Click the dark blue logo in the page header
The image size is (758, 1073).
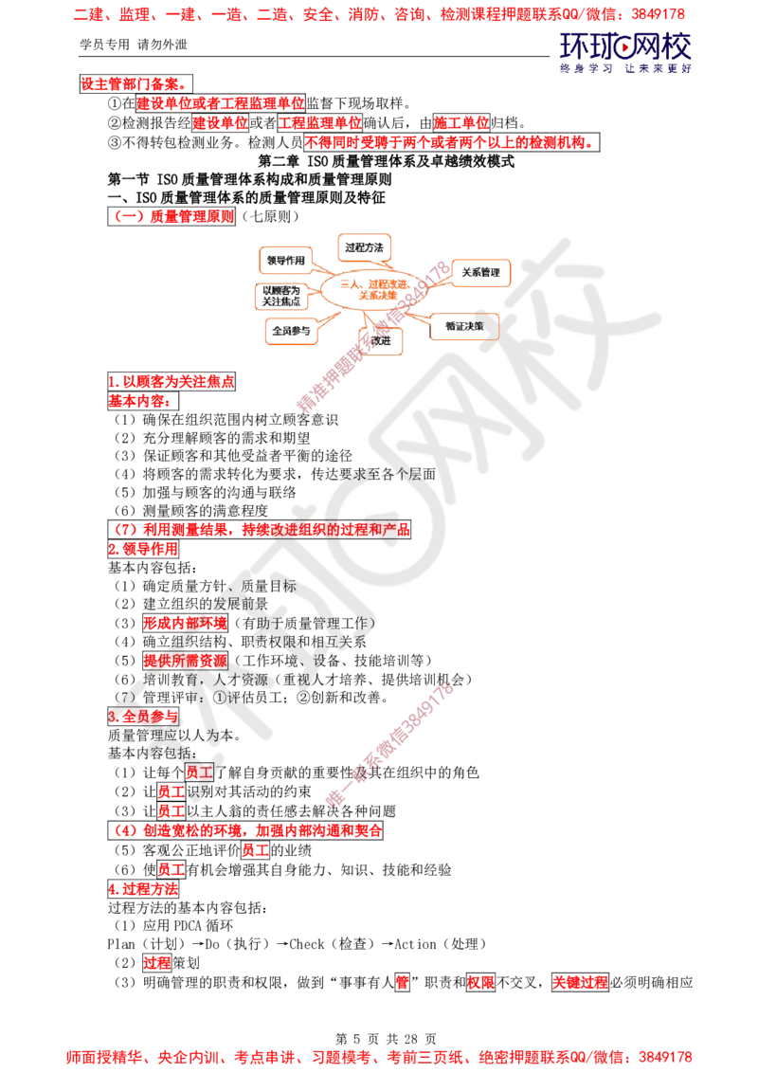(x=625, y=52)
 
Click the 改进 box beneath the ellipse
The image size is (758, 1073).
(x=383, y=340)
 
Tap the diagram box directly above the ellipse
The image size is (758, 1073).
(x=365, y=246)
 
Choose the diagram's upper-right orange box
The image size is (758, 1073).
(x=481, y=273)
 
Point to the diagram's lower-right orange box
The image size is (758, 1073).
(x=464, y=327)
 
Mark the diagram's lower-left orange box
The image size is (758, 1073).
(x=290, y=332)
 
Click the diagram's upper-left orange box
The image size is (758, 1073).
(x=286, y=258)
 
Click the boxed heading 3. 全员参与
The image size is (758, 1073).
(x=143, y=717)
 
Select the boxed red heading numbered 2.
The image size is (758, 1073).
(x=143, y=549)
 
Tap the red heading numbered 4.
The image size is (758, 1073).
(x=143, y=889)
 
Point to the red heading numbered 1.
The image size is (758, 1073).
(x=171, y=382)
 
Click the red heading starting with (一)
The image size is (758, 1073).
(x=173, y=216)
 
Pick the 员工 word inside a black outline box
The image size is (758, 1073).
(x=199, y=772)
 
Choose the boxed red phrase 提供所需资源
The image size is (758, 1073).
(x=186, y=660)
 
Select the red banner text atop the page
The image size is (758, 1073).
(x=379, y=15)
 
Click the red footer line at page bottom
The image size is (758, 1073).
(x=379, y=1055)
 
